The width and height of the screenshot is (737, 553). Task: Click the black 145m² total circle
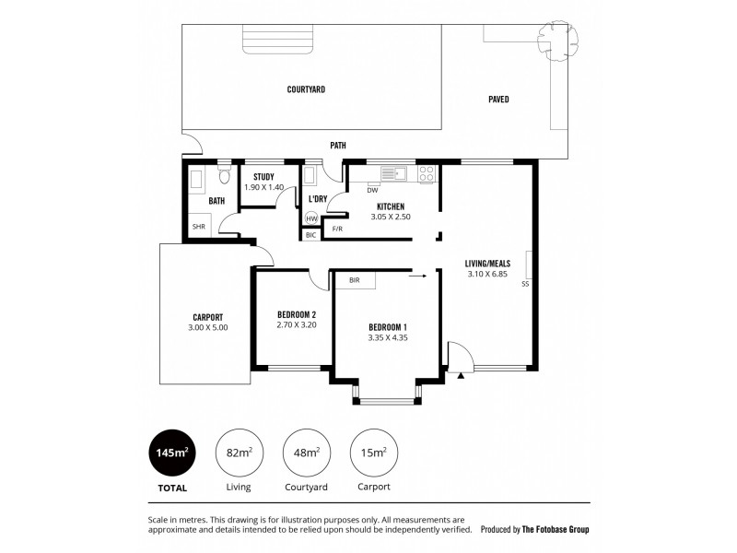click(173, 453)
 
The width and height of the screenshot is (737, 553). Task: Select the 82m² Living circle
click(240, 453)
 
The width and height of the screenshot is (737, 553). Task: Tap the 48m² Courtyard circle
click(307, 453)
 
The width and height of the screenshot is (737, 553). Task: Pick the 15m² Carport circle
click(374, 453)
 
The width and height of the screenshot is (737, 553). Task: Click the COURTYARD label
click(306, 89)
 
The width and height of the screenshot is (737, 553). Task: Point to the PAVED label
click(498, 100)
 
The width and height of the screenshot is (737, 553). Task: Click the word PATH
click(338, 146)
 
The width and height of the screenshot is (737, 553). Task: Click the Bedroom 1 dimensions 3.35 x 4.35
click(387, 338)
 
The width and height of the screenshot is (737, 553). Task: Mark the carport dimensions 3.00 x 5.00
click(207, 326)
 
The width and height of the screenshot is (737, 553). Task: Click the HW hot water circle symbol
click(310, 218)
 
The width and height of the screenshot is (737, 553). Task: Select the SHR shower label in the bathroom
click(198, 226)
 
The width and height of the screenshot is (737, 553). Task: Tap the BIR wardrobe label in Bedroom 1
click(354, 279)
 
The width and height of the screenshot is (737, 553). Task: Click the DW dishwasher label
click(372, 191)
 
